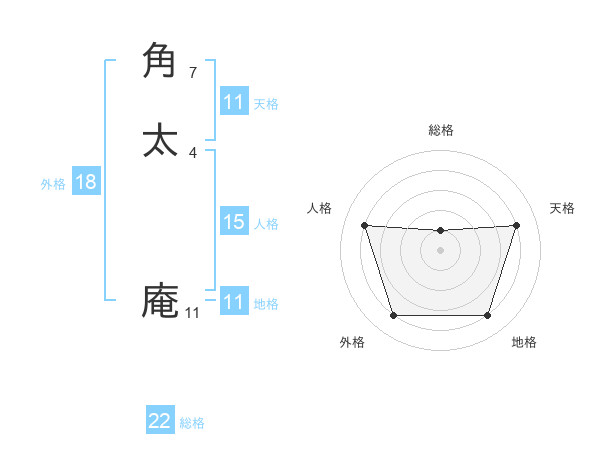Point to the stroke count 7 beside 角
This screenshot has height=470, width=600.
click(x=193, y=73)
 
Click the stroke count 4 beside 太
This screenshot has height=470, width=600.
click(x=193, y=152)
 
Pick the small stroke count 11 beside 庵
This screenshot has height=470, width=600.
click(x=192, y=313)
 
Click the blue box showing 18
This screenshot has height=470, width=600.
click(x=85, y=182)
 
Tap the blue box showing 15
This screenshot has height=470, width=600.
click(x=233, y=222)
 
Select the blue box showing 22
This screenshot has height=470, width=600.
click(x=160, y=421)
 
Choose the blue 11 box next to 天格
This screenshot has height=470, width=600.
click(x=233, y=102)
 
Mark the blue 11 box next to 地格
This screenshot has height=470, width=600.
click(x=233, y=302)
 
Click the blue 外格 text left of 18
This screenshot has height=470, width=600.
click(x=53, y=184)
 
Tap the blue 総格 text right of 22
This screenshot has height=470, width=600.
click(x=192, y=423)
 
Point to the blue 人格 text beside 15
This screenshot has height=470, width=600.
click(x=266, y=224)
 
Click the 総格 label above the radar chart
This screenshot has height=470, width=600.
click(x=440, y=130)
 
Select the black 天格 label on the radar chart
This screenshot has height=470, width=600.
click(x=562, y=208)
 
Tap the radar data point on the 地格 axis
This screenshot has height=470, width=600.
click(x=487, y=316)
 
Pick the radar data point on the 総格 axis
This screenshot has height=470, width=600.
click(x=440, y=231)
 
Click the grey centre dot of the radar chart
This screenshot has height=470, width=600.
click(x=440, y=250)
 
